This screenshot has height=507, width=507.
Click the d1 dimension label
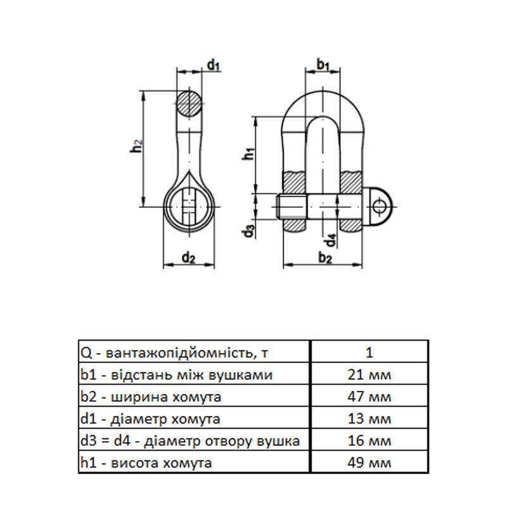point(213,65)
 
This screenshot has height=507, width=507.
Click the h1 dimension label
point(249,153)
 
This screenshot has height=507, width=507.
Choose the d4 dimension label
point(330,241)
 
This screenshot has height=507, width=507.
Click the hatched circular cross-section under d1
point(190,103)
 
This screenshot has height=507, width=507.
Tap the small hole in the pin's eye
point(379,205)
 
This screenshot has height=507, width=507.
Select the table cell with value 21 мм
point(371,375)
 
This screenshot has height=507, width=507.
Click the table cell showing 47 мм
point(371,397)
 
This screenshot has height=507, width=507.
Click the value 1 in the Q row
point(371,353)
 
